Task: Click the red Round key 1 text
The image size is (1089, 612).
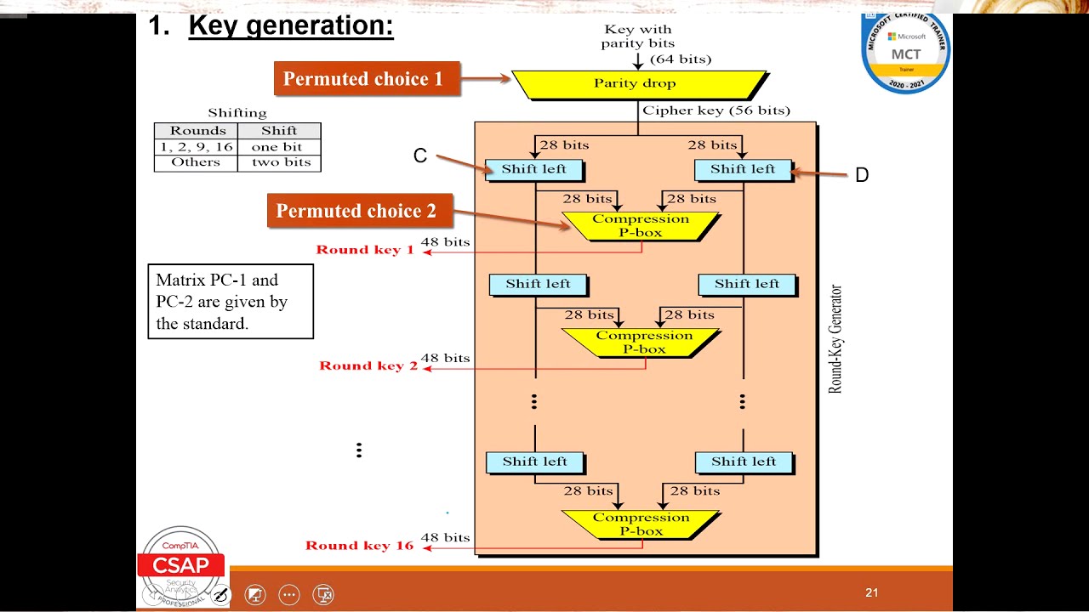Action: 365,250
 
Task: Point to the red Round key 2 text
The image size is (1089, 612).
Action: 368,365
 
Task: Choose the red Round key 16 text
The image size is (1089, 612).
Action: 359,546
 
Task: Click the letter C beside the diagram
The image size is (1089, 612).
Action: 420,156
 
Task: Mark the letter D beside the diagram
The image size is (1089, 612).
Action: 862,175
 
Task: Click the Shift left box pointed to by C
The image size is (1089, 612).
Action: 533,169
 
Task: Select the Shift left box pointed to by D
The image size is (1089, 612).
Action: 743,169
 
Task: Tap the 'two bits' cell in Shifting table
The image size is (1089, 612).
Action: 280,162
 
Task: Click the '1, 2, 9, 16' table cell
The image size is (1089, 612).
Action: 197,147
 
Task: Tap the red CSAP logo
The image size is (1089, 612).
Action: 180,565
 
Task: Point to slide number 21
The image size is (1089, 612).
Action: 871,592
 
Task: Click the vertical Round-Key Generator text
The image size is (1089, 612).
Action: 835,338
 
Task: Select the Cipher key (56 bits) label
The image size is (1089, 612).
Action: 716,110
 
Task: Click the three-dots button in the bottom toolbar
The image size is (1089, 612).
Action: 289,595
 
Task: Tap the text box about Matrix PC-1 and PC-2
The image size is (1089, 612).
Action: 231,302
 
